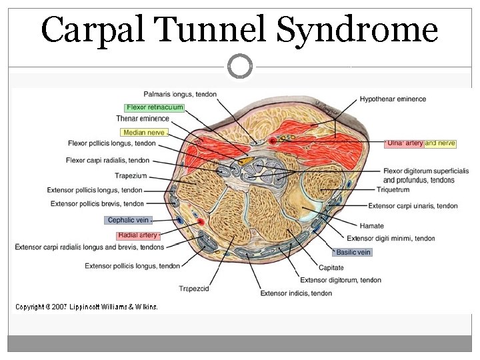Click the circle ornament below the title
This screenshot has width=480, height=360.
point(240,66)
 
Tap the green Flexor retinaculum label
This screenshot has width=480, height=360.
point(155,107)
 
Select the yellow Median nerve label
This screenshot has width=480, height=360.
point(143,133)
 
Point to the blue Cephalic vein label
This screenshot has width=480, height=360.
point(128,220)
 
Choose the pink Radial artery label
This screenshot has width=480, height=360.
point(138,235)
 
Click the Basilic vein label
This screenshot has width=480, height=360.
point(353,252)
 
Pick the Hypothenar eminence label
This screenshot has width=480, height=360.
point(393,99)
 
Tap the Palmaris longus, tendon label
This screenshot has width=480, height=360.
point(180,95)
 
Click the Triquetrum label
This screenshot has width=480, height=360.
point(393,190)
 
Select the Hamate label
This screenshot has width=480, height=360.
point(371,226)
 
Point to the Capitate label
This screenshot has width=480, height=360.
point(331,268)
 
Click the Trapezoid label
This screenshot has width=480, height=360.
point(195,289)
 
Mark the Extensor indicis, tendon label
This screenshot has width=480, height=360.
point(296,293)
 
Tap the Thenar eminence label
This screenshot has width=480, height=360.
point(143,119)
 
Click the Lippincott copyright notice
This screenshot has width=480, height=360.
point(87,307)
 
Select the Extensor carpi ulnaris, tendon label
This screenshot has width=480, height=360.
point(413,206)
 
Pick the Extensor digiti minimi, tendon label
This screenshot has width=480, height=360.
point(391,238)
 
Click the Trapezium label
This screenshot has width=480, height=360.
point(131,176)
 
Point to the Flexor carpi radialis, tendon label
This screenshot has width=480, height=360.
point(108,160)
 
